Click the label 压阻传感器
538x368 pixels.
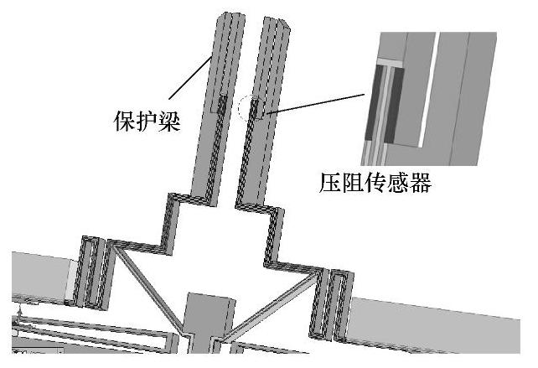pyautogui.click(x=375, y=182)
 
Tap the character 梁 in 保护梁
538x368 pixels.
pyautogui.click(x=174, y=120)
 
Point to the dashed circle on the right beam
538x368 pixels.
pyautogui.click(x=252, y=108)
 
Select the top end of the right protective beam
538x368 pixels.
pyautogui.click(x=276, y=18)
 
